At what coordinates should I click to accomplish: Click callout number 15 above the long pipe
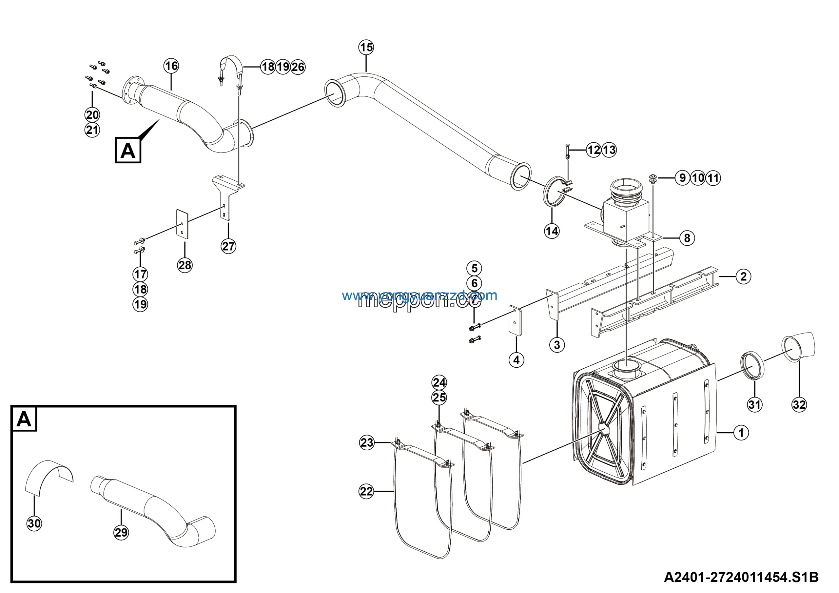tap(366, 47)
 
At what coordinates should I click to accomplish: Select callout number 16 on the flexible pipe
tap(171, 66)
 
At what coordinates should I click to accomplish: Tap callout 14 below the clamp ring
tap(552, 231)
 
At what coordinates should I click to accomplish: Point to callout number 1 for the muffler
tap(741, 433)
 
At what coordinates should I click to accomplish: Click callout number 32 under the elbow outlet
tap(799, 405)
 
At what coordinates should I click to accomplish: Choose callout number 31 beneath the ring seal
tap(754, 405)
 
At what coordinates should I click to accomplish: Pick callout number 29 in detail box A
tap(121, 532)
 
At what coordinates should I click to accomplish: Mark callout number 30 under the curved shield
tap(34, 523)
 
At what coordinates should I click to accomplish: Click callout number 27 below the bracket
tap(228, 246)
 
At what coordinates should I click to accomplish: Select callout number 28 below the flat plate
tap(185, 265)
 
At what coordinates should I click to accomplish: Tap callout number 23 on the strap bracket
tap(367, 443)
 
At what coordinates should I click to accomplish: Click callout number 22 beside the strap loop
tap(366, 491)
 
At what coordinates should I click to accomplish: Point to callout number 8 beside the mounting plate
tap(687, 238)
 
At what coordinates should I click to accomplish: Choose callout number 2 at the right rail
tap(743, 276)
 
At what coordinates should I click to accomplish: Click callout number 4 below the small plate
tap(516, 360)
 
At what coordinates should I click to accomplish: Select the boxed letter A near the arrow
tap(128, 150)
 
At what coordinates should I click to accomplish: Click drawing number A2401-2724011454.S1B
tap(741, 577)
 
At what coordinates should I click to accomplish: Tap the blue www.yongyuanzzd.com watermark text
tap(419, 296)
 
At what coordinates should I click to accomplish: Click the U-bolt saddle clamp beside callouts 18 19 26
tap(231, 71)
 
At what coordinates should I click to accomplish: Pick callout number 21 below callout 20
tap(92, 130)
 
